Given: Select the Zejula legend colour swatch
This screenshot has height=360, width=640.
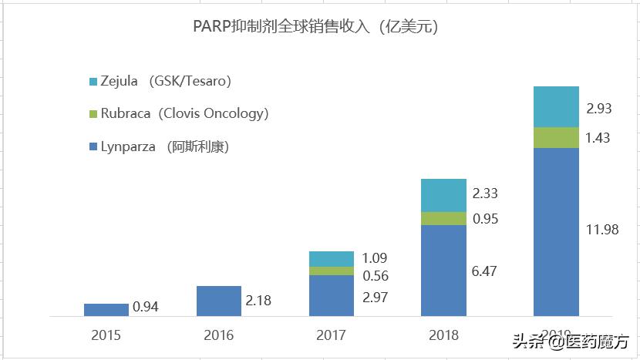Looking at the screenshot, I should click(x=93, y=81).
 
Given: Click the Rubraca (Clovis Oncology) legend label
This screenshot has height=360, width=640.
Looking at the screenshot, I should click(x=184, y=113).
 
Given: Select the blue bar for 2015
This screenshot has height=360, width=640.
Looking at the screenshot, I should click(x=106, y=309).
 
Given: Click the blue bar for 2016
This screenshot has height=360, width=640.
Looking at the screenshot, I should click(x=219, y=301).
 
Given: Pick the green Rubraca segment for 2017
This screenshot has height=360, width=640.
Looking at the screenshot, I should click(x=332, y=271).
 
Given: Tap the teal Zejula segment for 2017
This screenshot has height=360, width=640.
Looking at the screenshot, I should click(x=332, y=258).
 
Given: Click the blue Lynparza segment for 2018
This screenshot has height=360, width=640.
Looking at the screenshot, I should click(x=444, y=270).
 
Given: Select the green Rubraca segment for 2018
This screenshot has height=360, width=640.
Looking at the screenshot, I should click(x=444, y=218).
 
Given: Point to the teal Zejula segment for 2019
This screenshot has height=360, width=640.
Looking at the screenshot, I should click(x=557, y=106).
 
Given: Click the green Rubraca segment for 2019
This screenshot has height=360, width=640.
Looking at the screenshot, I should click(x=557, y=137).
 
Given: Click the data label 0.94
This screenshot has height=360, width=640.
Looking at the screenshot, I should click(x=147, y=307).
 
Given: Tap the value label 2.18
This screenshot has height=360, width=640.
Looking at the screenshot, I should click(x=258, y=300).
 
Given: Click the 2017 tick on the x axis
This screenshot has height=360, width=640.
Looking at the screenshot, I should click(x=332, y=335).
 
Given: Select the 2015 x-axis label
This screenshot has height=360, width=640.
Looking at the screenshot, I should click(x=106, y=335).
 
